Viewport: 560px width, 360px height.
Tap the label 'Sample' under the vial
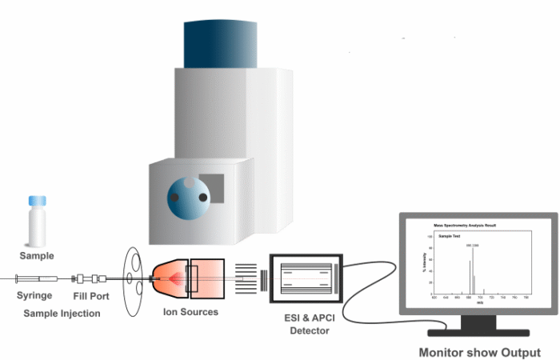coord(37,256)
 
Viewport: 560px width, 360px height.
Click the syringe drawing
coord(36,278)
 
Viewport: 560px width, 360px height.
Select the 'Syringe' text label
coord(34,296)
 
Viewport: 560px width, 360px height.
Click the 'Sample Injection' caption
coord(62,314)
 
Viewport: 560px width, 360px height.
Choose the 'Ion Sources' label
coord(190,312)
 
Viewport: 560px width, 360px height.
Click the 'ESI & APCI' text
coord(306,318)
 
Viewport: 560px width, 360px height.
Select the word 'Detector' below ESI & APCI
coord(307,330)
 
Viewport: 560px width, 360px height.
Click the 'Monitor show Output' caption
coord(480,352)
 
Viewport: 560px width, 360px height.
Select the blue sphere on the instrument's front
coord(188,197)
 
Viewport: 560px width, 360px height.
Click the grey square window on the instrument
coord(212,188)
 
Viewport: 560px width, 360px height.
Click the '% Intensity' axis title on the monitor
coord(424,263)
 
